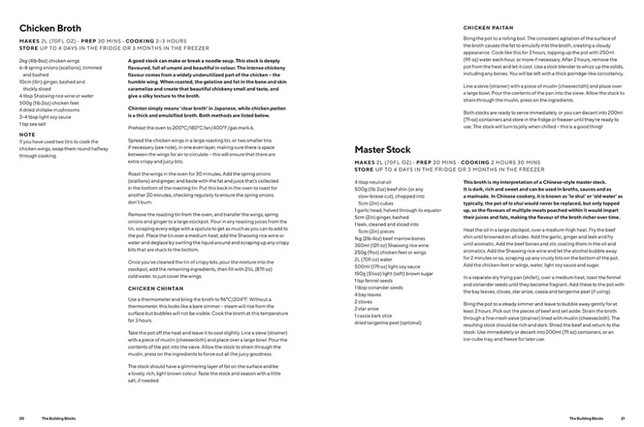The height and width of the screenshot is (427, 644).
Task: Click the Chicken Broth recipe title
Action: click(x=50, y=29)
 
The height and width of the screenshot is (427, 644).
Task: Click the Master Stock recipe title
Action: click(x=382, y=150)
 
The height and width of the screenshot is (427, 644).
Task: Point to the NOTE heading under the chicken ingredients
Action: click(x=27, y=135)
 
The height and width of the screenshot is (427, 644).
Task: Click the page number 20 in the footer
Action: click(x=22, y=418)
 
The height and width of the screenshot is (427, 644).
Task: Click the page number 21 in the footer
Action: click(x=623, y=418)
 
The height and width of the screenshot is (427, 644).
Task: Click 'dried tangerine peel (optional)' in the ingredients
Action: click(x=388, y=323)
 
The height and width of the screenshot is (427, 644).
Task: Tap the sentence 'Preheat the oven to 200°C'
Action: click(x=191, y=128)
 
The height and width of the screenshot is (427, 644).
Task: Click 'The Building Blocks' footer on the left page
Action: click(x=56, y=418)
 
